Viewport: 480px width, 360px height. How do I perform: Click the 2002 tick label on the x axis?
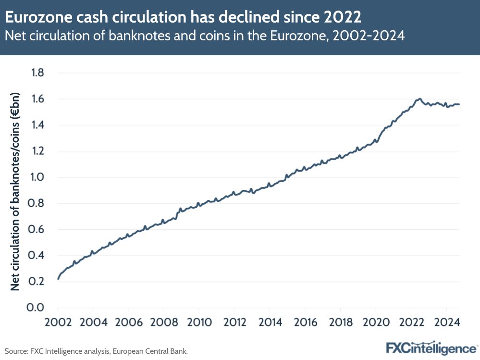pos(58,322)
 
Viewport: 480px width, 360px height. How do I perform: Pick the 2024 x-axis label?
pos(446,322)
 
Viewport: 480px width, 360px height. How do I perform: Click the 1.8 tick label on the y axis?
pos(37,73)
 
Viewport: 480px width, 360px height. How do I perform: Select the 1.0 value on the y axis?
pos(37,177)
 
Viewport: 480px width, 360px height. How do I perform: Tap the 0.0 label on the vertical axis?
pos(37,308)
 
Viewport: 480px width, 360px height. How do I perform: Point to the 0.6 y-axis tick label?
pos(37,229)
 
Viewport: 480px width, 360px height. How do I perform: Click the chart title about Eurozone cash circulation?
pos(183,18)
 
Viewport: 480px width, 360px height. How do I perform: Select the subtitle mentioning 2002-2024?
pos(204,37)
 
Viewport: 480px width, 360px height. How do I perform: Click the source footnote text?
pos(96,351)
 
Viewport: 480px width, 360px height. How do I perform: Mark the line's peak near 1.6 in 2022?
pos(420,99)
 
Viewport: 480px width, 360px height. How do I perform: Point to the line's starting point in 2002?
pos(58,278)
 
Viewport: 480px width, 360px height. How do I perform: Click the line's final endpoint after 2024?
pos(459,104)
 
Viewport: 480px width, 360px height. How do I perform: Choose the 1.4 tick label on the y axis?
pos(37,125)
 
